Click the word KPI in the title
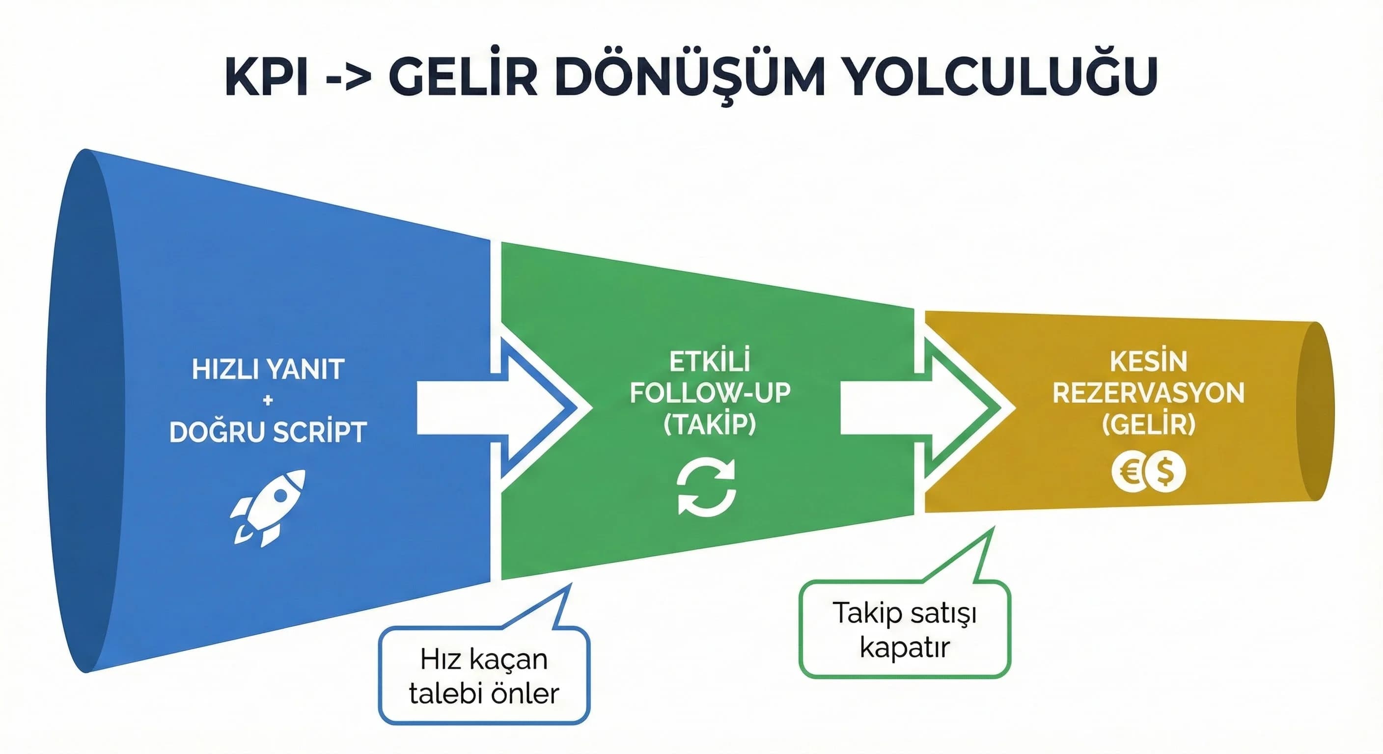point(267,78)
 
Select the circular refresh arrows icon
point(707,487)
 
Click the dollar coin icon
point(1164,472)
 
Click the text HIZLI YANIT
point(268,370)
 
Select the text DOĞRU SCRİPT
point(268,432)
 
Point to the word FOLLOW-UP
point(710,393)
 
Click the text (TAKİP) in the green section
point(710,425)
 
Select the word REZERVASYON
point(1148,393)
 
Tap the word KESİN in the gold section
point(1148,362)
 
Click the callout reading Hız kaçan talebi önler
point(484,675)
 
